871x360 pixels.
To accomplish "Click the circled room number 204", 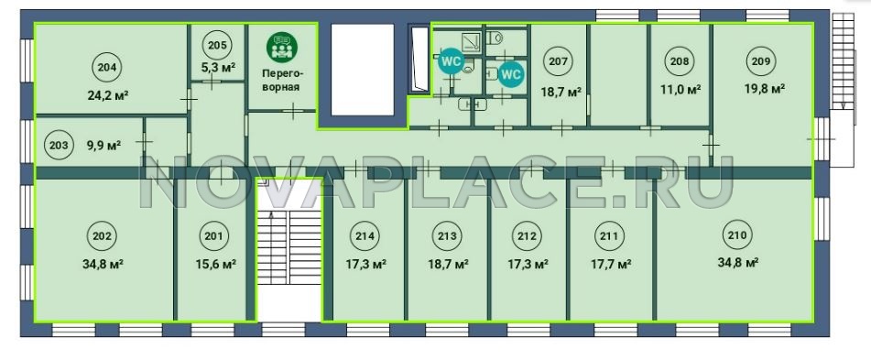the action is pyautogui.click(x=107, y=68).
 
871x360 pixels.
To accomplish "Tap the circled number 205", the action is pyautogui.click(x=217, y=46).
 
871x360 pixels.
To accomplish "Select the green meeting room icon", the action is pyautogui.click(x=282, y=48).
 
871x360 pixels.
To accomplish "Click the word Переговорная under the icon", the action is pyautogui.click(x=282, y=80).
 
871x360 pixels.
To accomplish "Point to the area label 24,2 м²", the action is pyautogui.click(x=108, y=94).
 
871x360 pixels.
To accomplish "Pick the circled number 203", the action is pyautogui.click(x=59, y=146).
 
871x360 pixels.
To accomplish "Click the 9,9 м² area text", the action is pyautogui.click(x=103, y=147).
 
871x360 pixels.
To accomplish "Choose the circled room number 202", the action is pyautogui.click(x=103, y=236).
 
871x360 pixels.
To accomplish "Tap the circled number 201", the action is pyautogui.click(x=213, y=236).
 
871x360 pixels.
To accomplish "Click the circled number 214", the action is pyautogui.click(x=365, y=236).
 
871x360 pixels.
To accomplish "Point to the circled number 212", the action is pyautogui.click(x=527, y=236).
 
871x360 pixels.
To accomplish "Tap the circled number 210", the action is pyautogui.click(x=737, y=235).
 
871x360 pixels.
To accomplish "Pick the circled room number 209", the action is pyautogui.click(x=761, y=61).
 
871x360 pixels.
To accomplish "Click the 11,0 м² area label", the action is pyautogui.click(x=680, y=89).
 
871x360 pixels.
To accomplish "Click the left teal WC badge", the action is pyautogui.click(x=451, y=61).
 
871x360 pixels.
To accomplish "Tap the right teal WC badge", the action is pyautogui.click(x=510, y=74).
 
